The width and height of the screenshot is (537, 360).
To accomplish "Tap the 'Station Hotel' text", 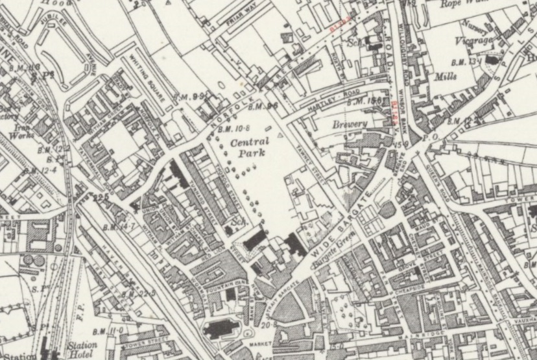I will (x=83, y=350).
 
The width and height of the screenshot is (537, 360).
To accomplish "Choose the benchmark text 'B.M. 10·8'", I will (x=232, y=128).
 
